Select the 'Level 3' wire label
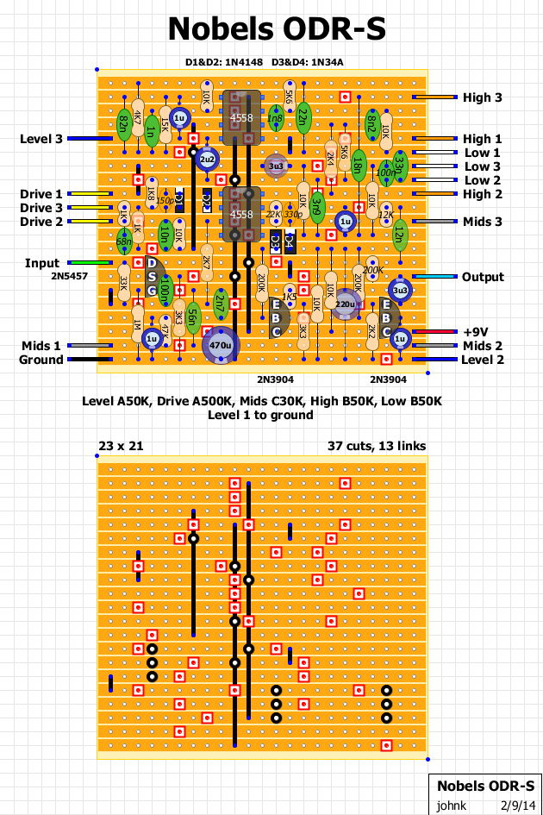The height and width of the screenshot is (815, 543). (x=41, y=139)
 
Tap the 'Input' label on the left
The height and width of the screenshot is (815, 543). (x=41, y=263)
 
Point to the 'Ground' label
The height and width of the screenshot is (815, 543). (x=41, y=360)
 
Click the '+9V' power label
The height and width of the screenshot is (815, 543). (x=475, y=332)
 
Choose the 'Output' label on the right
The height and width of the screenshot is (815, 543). (x=483, y=277)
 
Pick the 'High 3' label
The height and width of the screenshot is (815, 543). (x=483, y=97)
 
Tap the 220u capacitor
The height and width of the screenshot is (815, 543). (x=346, y=304)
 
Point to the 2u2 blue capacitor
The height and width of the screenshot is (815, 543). (x=207, y=160)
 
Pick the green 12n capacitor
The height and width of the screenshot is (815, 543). (x=399, y=234)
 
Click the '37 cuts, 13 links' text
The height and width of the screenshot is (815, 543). (x=377, y=446)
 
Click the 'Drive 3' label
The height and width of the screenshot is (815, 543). (x=41, y=208)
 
